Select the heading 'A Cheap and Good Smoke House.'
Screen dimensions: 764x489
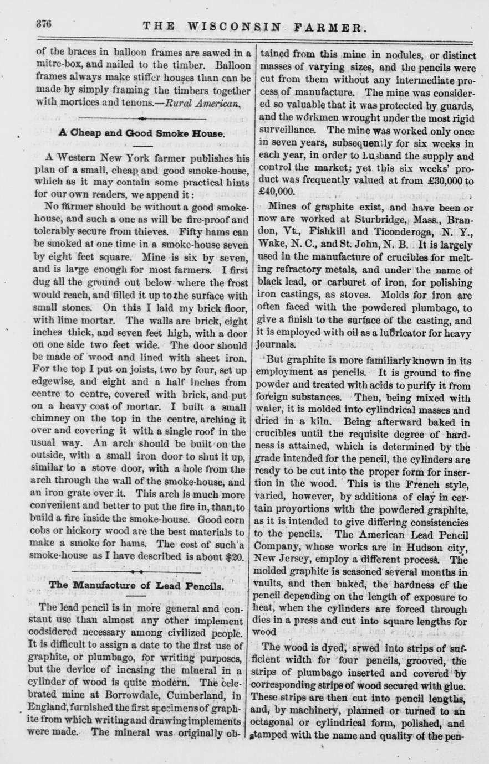(x=141, y=133)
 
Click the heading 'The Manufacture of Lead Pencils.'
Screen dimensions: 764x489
(x=136, y=585)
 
